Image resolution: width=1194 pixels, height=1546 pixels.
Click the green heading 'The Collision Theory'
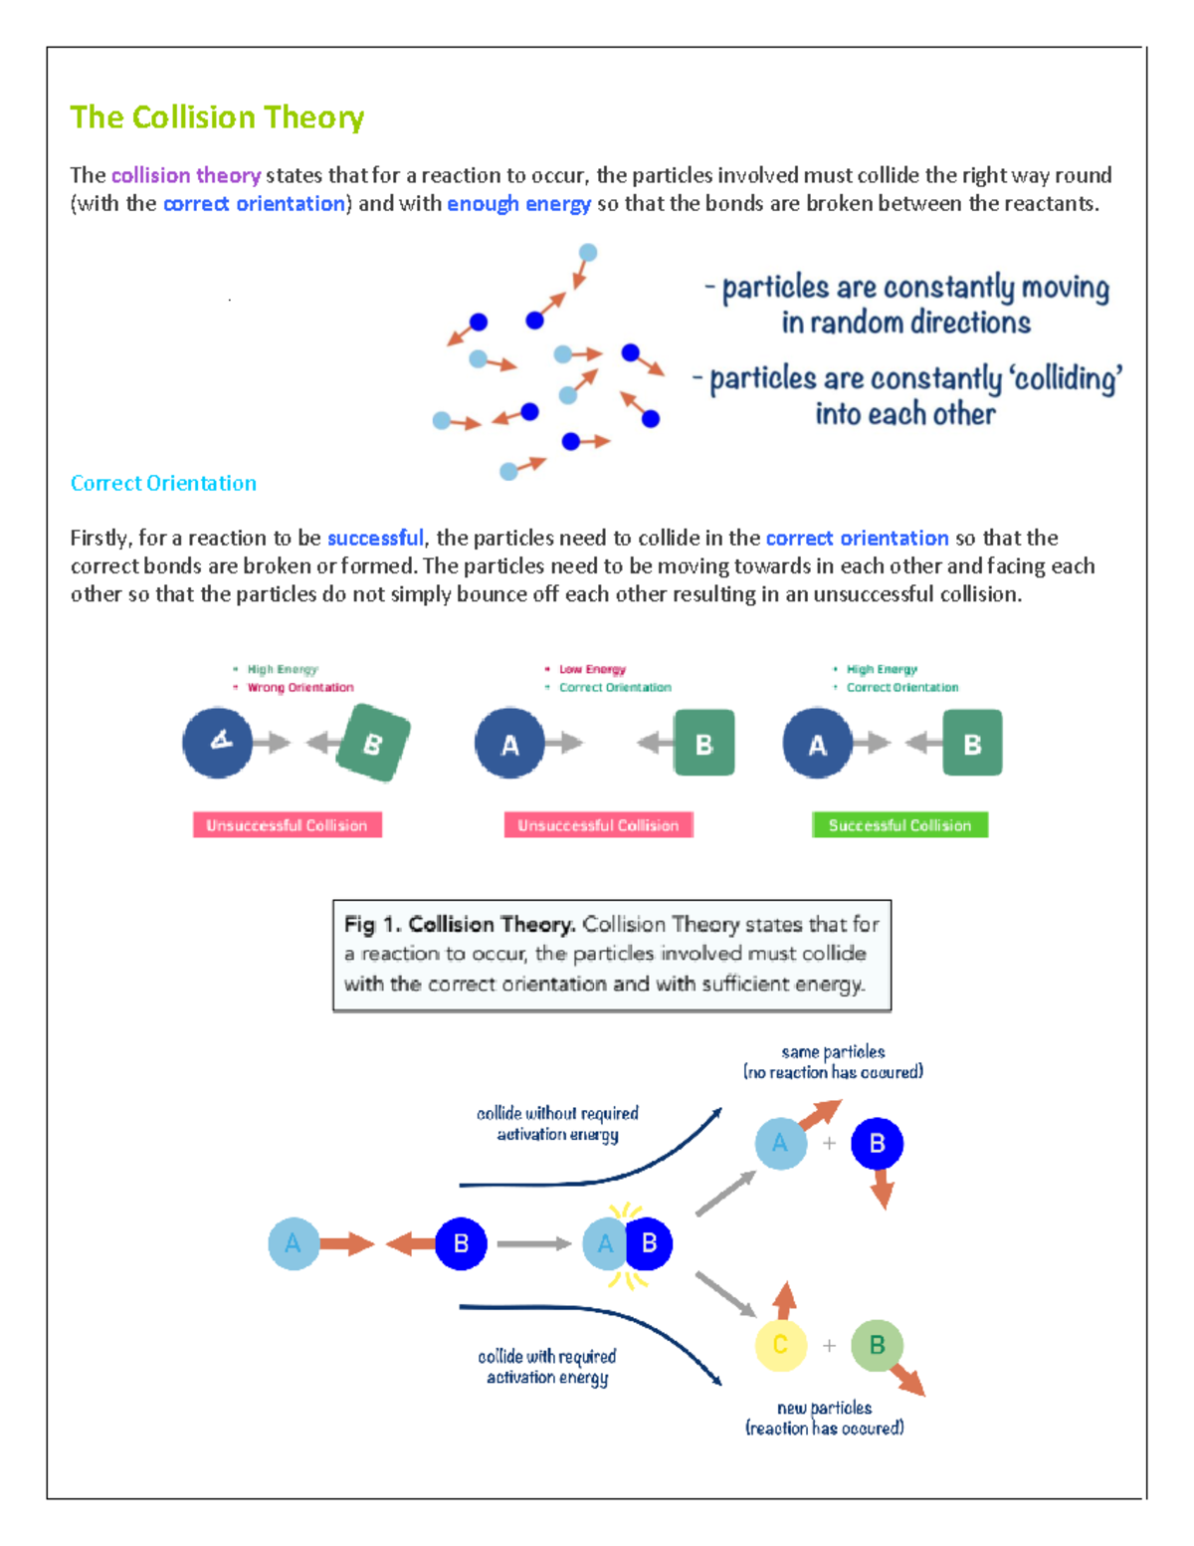[217, 117]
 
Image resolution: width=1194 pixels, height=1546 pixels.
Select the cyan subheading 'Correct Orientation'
[163, 483]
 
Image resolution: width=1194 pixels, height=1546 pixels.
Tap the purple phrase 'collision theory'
[186, 175]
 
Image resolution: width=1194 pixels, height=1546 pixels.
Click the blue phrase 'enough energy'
[518, 204]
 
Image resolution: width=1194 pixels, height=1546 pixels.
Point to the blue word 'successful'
[375, 539]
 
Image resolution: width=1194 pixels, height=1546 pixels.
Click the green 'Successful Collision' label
[899, 825]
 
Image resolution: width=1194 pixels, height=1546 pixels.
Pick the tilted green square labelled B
[372, 743]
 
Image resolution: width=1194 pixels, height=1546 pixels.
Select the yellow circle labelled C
[780, 1346]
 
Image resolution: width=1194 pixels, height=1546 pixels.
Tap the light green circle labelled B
[877, 1346]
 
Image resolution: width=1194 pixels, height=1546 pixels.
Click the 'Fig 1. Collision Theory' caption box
[611, 955]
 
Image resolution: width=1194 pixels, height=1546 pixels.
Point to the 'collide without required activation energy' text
[557, 1124]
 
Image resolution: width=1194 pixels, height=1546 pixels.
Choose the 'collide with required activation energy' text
[547, 1367]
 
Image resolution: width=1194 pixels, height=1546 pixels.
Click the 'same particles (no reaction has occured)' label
[833, 1062]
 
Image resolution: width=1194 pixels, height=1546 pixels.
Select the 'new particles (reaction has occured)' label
[824, 1418]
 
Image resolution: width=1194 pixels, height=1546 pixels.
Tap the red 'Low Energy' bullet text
[592, 670]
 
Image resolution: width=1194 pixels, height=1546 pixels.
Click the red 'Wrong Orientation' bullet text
[299, 688]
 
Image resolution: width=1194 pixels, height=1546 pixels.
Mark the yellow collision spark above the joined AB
[625, 1212]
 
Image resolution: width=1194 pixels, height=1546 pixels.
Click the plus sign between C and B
[829, 1346]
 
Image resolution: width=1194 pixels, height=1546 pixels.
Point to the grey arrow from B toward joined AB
[533, 1244]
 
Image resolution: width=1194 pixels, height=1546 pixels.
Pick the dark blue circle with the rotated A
[218, 743]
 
